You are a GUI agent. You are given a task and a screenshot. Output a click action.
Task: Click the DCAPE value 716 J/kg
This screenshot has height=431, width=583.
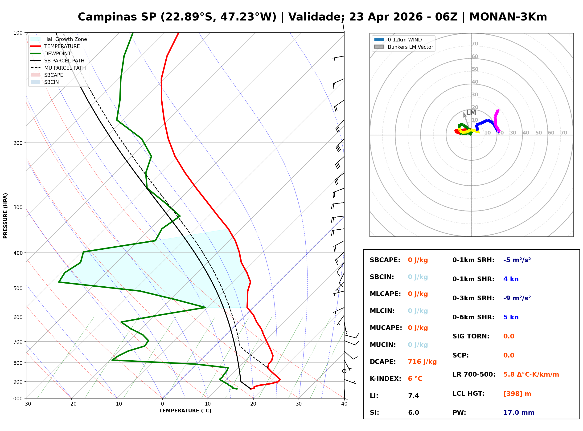(422, 362)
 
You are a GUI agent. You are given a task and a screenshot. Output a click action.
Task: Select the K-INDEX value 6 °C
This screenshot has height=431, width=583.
(415, 378)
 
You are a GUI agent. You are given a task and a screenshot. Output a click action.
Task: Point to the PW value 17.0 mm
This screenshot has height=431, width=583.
(518, 412)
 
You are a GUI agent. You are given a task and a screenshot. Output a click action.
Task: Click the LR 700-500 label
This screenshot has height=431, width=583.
(474, 374)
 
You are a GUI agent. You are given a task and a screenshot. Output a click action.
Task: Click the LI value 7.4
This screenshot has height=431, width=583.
(413, 395)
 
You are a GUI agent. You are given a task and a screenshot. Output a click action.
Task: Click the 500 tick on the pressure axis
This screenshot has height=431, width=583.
(18, 288)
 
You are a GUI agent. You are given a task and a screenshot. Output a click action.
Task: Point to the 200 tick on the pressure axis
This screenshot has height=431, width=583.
(18, 143)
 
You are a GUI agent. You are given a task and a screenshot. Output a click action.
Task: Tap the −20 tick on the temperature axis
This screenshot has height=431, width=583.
(71, 404)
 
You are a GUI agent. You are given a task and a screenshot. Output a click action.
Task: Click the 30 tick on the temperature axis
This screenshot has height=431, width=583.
(299, 404)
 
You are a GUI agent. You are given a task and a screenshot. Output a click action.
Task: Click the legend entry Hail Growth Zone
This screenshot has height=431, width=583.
(65, 39)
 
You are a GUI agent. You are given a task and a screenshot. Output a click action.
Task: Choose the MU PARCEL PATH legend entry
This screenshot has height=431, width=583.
(65, 68)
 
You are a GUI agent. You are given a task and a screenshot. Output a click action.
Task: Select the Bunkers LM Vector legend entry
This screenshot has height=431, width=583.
(410, 47)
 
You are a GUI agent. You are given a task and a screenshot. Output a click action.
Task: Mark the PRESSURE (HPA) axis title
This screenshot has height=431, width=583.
(5, 215)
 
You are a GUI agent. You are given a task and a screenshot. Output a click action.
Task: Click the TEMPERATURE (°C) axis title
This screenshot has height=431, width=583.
(185, 411)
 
